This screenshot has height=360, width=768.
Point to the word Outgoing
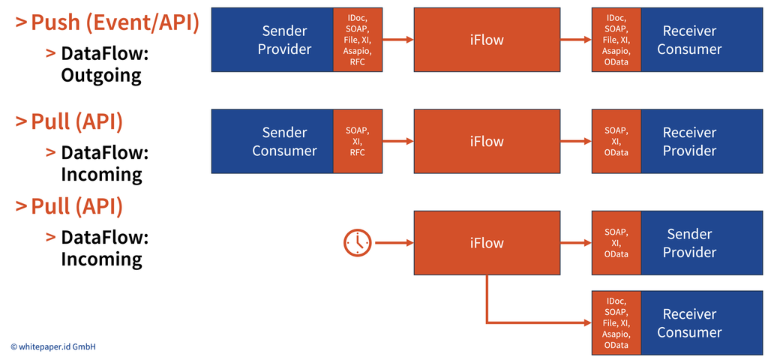(x=101, y=76)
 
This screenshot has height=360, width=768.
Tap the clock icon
(x=358, y=242)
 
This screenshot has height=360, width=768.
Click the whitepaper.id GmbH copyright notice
(x=53, y=346)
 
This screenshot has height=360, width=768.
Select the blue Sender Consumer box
(x=272, y=142)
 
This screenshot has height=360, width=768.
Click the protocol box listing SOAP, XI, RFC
(x=358, y=142)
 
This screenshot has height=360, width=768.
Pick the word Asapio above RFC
(x=358, y=52)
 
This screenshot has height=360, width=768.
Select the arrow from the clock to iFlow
(x=393, y=242)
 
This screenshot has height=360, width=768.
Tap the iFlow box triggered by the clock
(x=487, y=243)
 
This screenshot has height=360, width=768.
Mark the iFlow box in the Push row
(x=487, y=40)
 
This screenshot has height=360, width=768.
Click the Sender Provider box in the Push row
(x=272, y=40)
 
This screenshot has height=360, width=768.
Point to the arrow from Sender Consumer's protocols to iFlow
(x=397, y=142)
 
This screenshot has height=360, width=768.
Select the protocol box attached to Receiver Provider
(x=616, y=142)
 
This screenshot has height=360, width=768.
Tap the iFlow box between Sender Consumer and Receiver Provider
(x=487, y=142)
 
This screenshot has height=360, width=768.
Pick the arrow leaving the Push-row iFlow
(x=576, y=40)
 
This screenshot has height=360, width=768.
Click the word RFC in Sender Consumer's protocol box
(x=358, y=153)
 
